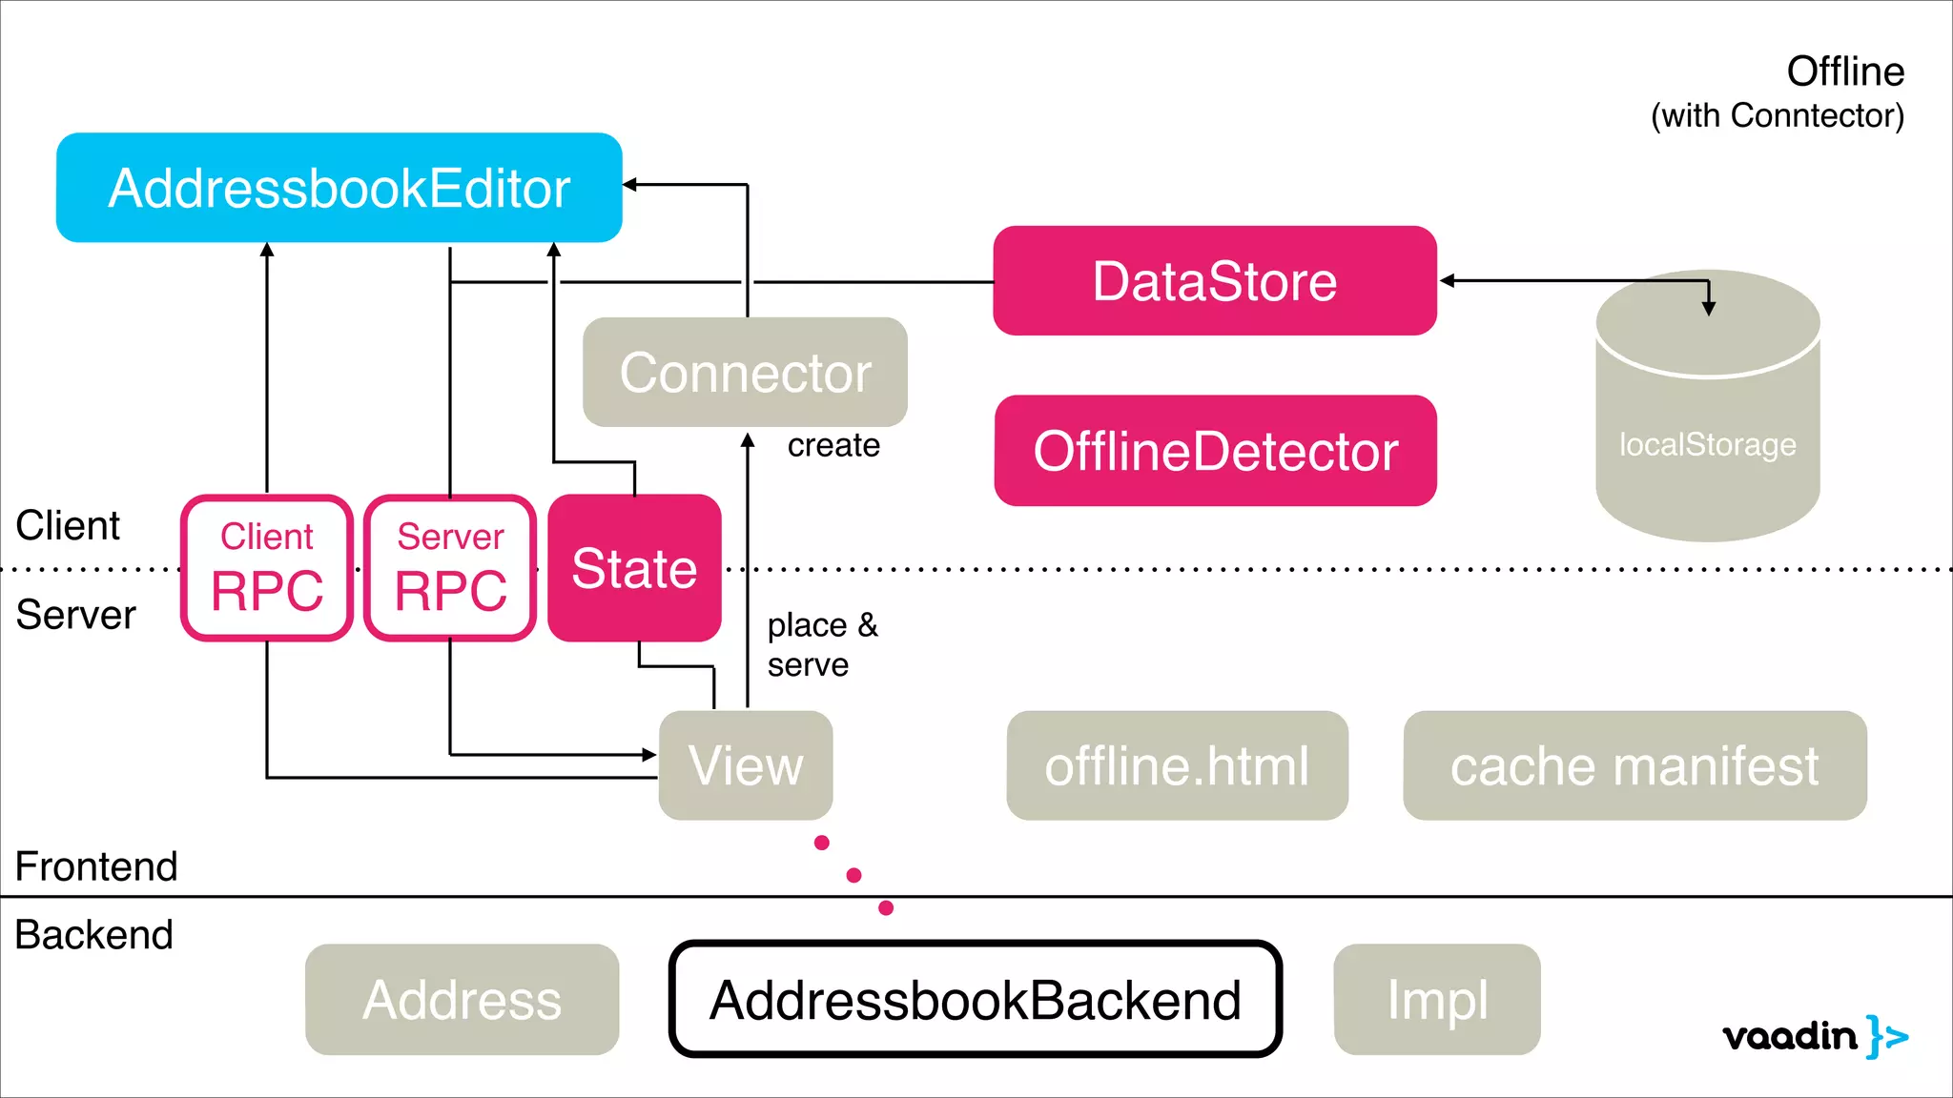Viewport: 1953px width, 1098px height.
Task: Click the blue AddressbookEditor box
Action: (339, 188)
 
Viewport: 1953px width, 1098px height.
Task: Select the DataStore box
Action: (1214, 281)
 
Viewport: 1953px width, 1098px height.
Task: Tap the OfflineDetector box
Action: (1215, 451)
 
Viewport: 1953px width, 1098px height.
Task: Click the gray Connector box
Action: (745, 373)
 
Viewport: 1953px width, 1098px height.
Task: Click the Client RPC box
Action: (267, 568)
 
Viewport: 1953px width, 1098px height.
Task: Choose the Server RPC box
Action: (450, 568)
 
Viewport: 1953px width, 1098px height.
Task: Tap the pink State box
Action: (634, 568)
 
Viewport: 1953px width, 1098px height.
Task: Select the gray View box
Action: (745, 765)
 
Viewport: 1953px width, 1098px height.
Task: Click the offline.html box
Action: (1177, 765)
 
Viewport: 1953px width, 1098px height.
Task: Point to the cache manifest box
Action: (1634, 765)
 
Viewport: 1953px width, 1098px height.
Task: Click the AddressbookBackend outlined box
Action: (975, 1000)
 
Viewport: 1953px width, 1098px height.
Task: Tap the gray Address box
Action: (462, 1000)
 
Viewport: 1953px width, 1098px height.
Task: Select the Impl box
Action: (1436, 1000)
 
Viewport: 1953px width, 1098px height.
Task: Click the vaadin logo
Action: (1814, 1036)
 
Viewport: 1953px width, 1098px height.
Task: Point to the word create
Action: (833, 445)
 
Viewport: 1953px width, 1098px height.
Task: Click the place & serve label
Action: (821, 644)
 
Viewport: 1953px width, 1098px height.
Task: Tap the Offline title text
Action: (1844, 72)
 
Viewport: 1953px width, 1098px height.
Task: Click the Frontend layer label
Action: (96, 866)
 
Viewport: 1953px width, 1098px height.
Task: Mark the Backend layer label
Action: (93, 935)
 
